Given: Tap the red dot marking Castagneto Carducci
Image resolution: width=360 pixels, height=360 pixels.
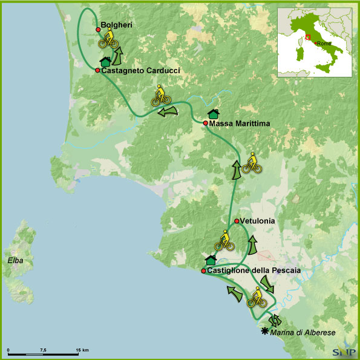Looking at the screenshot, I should click(97, 70).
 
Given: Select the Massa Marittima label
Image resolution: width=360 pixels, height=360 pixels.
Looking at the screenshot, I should click(240, 123).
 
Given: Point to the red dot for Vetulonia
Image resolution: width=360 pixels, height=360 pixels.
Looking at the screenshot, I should click(237, 221).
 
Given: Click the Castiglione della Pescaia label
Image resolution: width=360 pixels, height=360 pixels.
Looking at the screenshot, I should click(254, 271).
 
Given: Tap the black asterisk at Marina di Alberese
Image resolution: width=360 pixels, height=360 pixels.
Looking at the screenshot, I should click(264, 331).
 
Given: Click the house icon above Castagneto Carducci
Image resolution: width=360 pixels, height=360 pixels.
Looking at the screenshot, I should click(105, 61).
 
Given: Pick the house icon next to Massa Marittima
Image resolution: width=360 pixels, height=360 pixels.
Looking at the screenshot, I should click(213, 114).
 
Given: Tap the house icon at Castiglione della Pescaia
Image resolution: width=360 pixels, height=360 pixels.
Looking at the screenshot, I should click(211, 260).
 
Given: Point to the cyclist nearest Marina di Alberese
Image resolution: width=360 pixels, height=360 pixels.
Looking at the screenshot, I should click(257, 296).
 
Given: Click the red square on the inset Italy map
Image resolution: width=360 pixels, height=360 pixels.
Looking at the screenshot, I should click(308, 38).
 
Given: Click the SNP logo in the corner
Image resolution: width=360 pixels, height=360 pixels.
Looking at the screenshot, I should click(344, 351).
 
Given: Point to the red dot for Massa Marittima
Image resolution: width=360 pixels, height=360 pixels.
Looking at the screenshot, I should click(206, 123).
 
